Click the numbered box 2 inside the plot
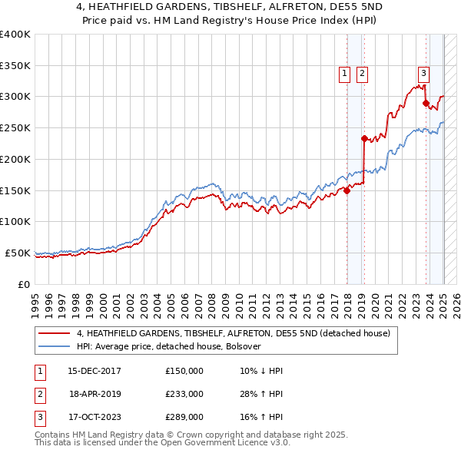(x=361, y=74)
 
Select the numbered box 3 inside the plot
(x=423, y=74)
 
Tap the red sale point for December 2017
(x=347, y=191)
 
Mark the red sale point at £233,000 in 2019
(x=364, y=139)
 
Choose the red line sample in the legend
(x=55, y=334)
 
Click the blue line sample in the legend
(x=55, y=346)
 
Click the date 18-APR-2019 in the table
(x=95, y=394)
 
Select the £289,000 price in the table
(x=184, y=417)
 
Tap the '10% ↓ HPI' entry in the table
(x=261, y=371)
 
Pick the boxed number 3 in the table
(x=39, y=417)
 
